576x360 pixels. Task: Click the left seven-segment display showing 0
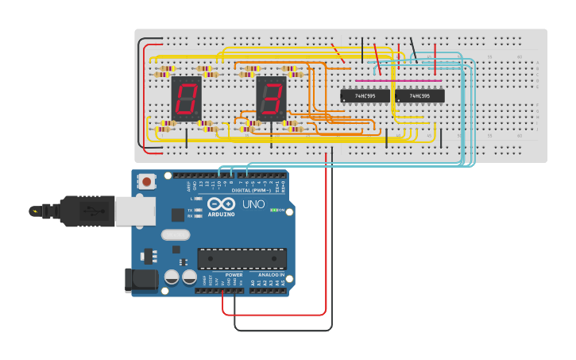187,99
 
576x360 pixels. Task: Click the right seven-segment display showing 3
271,99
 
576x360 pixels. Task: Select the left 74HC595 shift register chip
365,96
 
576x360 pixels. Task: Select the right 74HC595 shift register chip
419,96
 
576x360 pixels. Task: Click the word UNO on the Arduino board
253,204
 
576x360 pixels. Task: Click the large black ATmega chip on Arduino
242,258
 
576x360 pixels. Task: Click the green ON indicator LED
274,210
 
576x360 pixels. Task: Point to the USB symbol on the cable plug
91,211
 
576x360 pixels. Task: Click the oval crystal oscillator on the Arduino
176,234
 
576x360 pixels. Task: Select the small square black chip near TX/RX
178,214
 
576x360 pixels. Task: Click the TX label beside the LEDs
191,210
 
